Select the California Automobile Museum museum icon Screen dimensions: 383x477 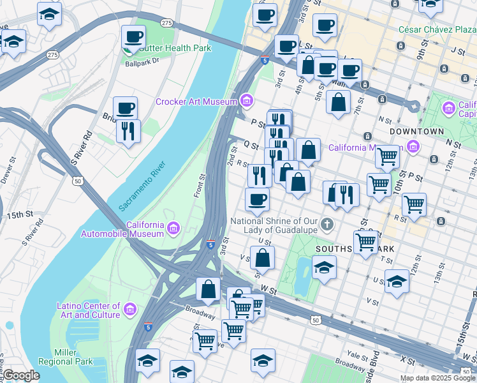click(173, 227)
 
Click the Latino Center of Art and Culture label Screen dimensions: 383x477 click(88, 310)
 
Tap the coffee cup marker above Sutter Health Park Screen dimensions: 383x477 click(133, 37)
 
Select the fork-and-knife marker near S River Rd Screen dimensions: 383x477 click(128, 131)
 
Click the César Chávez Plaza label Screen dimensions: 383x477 click(437, 29)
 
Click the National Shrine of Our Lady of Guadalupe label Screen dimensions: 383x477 click(274, 225)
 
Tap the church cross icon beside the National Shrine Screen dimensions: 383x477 click(327, 224)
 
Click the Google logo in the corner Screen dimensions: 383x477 click(21, 375)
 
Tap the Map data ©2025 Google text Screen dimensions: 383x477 click(437, 378)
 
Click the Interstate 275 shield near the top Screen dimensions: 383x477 click(166, 23)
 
